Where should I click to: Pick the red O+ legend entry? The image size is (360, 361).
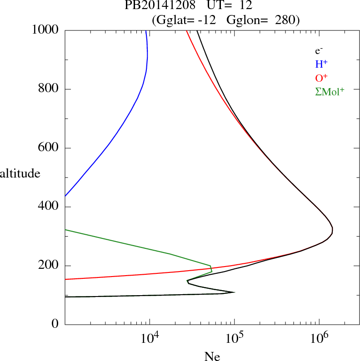(x=322, y=78)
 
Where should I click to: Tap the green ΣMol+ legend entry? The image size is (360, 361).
(x=330, y=92)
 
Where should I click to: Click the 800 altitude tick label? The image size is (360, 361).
(x=50, y=89)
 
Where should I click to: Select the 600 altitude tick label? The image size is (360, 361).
(x=50, y=148)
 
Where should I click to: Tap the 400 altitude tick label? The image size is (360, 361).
(x=50, y=207)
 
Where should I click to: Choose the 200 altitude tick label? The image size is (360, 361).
(x=50, y=266)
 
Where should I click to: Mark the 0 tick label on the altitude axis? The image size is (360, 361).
(x=55, y=325)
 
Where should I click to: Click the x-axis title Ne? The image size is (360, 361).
(x=212, y=356)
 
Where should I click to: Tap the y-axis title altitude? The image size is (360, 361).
(x=20, y=173)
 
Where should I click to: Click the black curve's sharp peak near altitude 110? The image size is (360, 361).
(x=234, y=292)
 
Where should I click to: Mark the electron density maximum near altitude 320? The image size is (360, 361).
(x=332, y=231)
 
